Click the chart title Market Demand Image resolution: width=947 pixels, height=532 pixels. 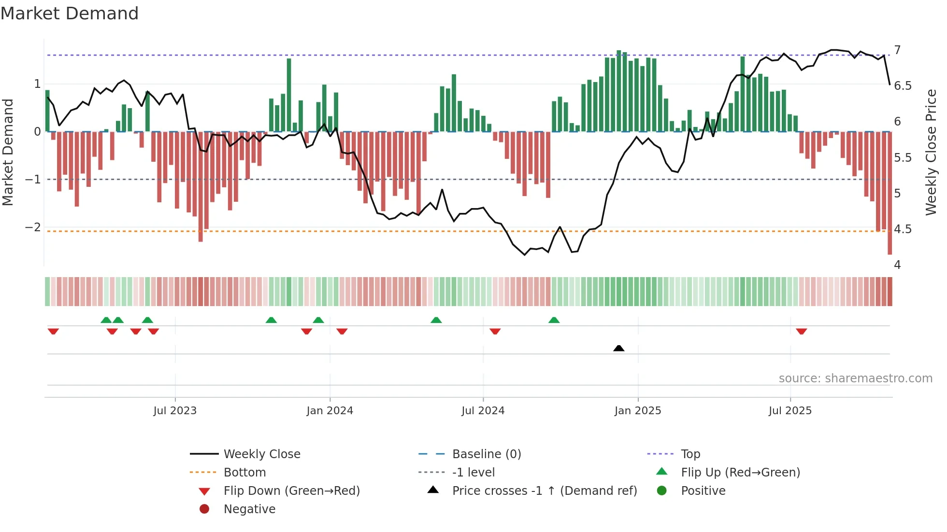(70, 14)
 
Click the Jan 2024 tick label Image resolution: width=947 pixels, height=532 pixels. (330, 411)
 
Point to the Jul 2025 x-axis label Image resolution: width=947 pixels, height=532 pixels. (790, 411)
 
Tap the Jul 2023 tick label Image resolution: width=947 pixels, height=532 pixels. (175, 411)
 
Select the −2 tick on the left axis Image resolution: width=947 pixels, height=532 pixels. (33, 227)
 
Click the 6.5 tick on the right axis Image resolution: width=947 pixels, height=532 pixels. (903, 86)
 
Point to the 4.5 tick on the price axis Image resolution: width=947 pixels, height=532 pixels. (903, 229)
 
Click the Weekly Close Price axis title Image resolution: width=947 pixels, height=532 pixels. (931, 152)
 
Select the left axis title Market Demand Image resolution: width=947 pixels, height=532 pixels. (8, 152)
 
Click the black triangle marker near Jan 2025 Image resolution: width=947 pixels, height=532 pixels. (618, 348)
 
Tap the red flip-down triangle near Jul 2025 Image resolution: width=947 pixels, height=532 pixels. (802, 331)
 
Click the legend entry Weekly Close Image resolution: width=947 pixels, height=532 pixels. (262, 454)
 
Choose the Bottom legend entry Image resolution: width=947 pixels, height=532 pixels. (244, 472)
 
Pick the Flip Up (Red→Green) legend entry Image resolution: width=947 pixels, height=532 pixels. (740, 472)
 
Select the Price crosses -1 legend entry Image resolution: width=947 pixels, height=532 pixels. (545, 490)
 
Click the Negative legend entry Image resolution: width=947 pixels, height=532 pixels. (249, 509)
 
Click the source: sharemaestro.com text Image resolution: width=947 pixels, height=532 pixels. (855, 378)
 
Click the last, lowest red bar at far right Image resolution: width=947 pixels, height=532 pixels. (890, 193)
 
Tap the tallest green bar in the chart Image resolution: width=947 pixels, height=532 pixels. (618, 91)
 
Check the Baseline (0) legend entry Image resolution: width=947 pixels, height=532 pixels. (487, 454)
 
